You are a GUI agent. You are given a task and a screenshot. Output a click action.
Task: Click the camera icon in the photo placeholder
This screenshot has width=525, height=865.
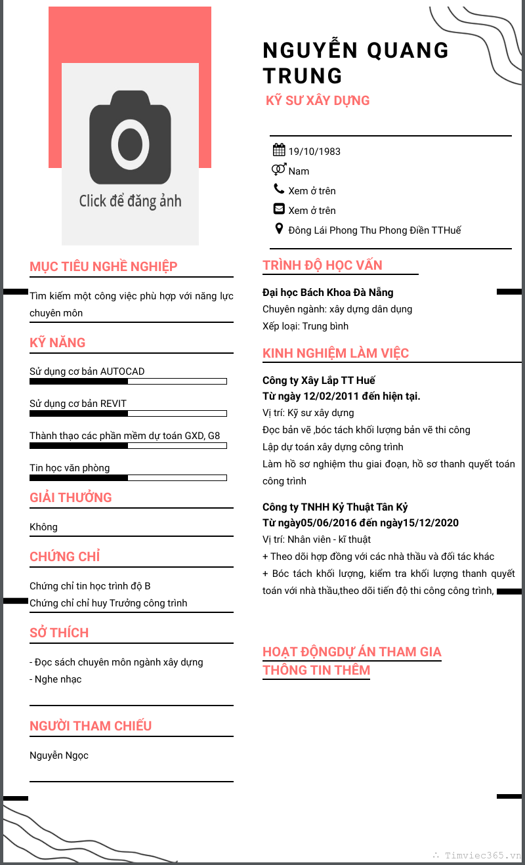coord(130,138)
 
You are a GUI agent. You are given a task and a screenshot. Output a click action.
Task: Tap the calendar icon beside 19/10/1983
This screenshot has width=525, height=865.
coord(278,150)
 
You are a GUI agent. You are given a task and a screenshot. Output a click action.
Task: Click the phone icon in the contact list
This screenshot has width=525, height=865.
coord(279,190)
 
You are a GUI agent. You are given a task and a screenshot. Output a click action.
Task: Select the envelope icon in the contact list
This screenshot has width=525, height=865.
coord(279,209)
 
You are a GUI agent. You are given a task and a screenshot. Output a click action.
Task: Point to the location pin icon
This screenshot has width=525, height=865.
coord(279,229)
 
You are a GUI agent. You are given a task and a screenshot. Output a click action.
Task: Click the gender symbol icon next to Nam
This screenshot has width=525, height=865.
coord(279,170)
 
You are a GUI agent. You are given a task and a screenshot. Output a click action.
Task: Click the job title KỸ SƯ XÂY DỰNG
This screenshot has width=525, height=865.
coord(318,100)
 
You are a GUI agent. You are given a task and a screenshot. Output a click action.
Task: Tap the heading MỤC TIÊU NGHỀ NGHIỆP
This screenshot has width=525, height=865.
coord(104,266)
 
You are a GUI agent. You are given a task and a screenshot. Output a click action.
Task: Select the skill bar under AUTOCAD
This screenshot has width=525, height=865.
coord(128,381)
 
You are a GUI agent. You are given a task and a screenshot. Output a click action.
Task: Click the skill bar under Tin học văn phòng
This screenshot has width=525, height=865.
coord(128,478)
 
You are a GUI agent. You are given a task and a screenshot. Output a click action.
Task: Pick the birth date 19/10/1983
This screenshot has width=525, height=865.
coord(314,152)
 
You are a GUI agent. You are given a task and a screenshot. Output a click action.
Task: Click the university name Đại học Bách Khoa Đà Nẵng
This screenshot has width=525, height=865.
coord(328,292)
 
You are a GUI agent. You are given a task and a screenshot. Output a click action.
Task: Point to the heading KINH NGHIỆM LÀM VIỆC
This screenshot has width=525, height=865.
coord(335,353)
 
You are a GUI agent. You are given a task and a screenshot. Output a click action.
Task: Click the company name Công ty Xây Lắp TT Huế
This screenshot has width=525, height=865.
coord(319,381)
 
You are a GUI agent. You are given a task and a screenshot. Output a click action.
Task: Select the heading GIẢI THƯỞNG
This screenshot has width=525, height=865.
coord(71,497)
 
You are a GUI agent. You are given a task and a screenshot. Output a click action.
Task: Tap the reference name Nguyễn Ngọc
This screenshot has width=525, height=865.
coord(59,755)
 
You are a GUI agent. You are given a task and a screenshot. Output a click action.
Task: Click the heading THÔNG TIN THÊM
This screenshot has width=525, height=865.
coord(316,670)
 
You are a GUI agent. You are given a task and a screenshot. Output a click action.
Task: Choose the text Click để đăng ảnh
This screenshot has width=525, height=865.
coord(130,201)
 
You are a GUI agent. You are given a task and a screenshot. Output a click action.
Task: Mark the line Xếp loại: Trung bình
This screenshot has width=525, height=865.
coord(306,326)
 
